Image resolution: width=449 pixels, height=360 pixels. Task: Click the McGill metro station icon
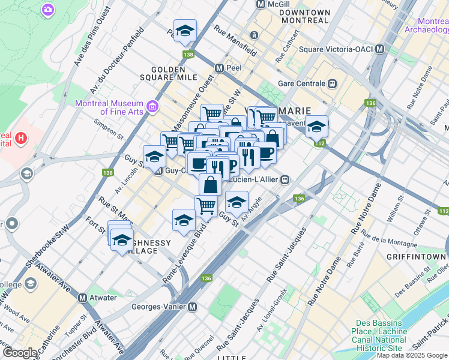pos(261,4)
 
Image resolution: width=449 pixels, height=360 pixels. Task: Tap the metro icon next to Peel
pos(220,68)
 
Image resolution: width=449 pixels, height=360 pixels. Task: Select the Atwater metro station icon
pos(83,296)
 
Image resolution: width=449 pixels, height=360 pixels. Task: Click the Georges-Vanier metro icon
pos(193,307)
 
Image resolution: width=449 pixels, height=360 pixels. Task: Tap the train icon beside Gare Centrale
pos(331,84)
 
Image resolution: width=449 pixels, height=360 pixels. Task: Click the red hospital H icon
pos(21,139)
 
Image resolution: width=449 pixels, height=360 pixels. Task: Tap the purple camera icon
pos(47,10)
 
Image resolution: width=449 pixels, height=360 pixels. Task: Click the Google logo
pos(20,353)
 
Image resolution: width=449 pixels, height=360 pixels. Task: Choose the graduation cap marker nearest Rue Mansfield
pos(185,30)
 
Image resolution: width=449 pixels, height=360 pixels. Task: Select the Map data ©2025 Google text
pos(412,355)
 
